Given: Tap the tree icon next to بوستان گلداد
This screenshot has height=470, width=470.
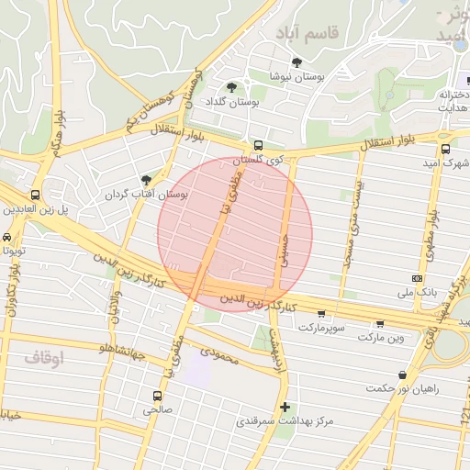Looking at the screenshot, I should tap(230, 88).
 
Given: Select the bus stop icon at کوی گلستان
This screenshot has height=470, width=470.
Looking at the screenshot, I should tap(258, 145).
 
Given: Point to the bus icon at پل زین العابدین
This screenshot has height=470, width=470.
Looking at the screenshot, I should tap(35, 195).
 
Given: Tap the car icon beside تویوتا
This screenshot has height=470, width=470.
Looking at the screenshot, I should tap(7, 236).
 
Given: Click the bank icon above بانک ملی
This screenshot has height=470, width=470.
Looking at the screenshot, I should tap(418, 278).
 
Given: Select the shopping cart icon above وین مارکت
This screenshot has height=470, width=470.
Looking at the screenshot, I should tap(380, 324).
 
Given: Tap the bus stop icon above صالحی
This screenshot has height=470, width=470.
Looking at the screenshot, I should tap(155, 396).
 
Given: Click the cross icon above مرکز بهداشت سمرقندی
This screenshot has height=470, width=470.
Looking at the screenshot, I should tap(285, 407).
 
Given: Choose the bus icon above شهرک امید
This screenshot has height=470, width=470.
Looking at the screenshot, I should tap(445, 149).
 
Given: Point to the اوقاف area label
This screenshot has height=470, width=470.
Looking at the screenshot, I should tap(44, 357).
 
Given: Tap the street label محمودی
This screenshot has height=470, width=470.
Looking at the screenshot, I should tap(219, 354).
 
